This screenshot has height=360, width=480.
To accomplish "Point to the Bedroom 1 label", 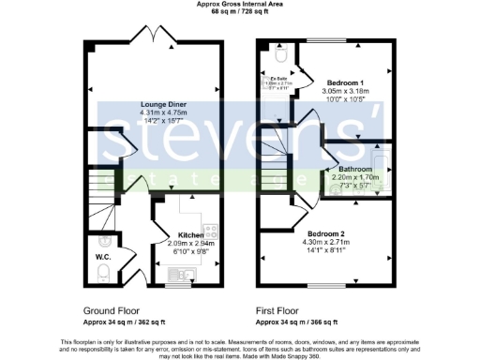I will [x=346, y=81].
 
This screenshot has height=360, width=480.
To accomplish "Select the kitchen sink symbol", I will [x=181, y=273].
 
